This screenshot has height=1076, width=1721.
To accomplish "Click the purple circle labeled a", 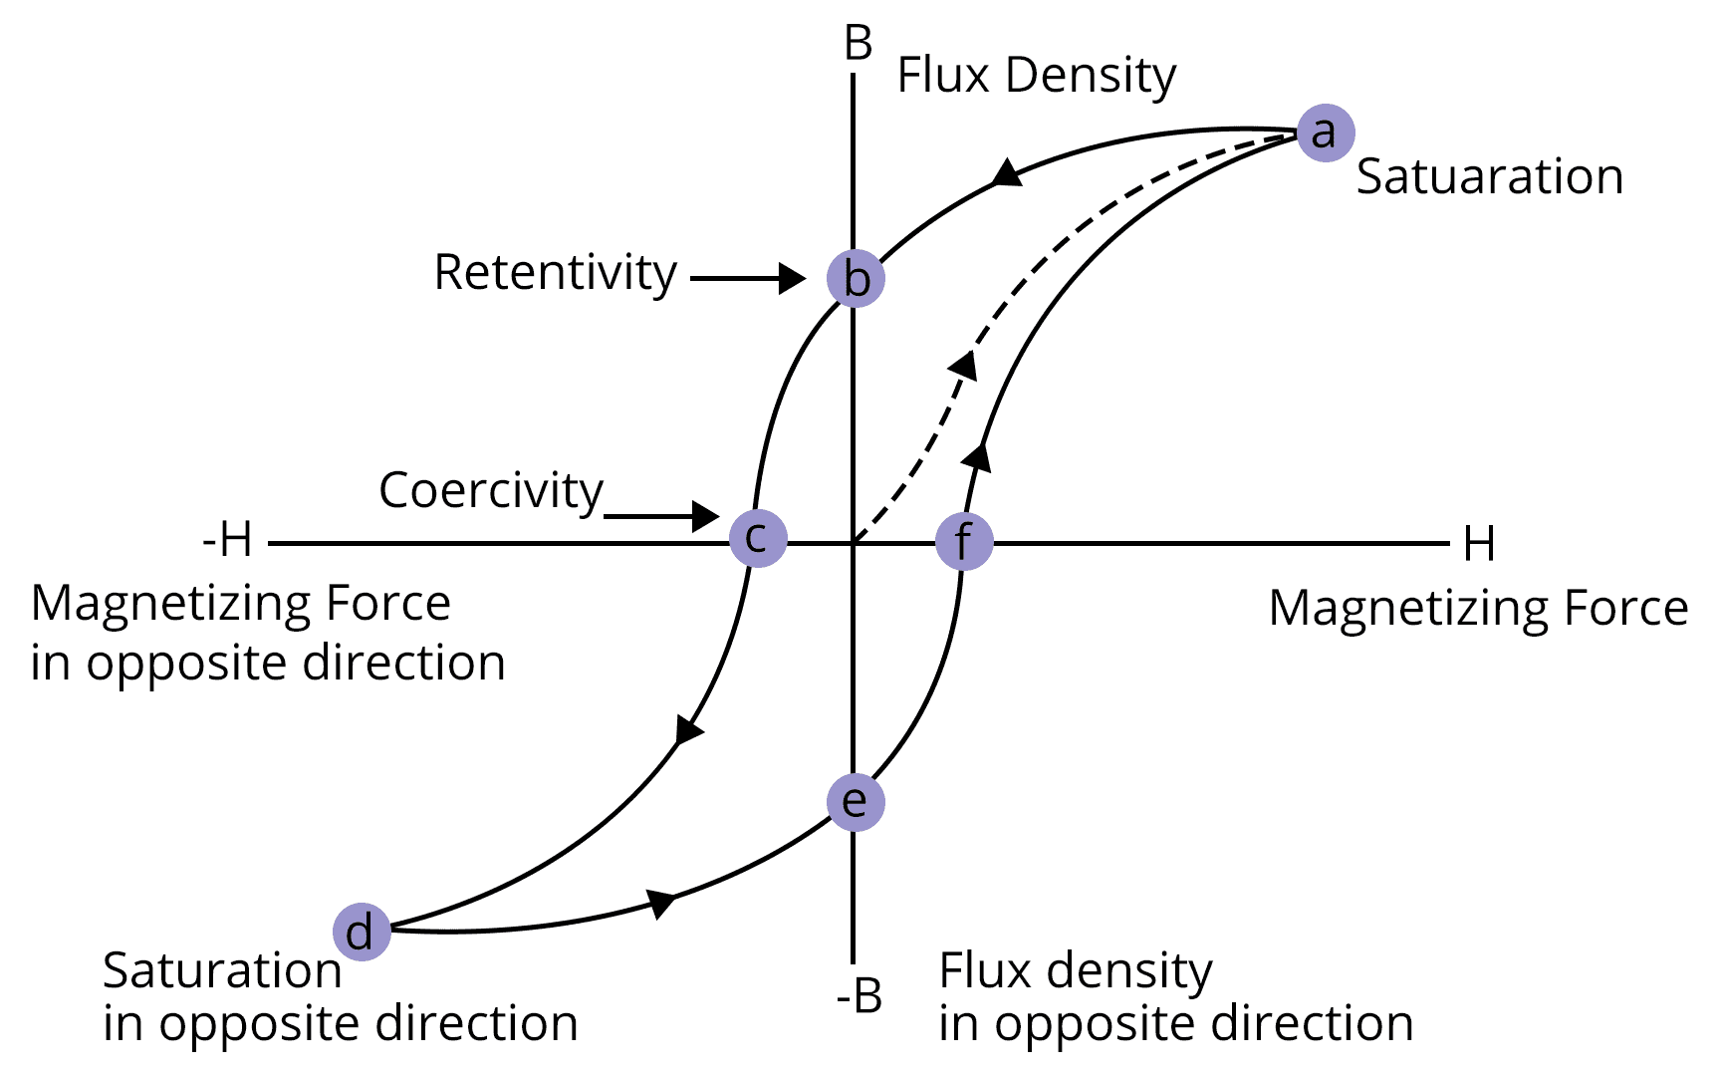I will click(1326, 133).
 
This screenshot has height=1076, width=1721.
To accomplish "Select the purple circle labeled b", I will click(856, 278).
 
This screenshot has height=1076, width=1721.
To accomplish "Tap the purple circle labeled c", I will click(758, 538).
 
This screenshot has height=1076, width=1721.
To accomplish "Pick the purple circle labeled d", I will click(362, 933).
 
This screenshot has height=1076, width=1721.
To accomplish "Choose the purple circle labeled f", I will click(964, 542).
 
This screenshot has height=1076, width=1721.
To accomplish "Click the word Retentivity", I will click(556, 273).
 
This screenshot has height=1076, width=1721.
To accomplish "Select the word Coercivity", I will click(491, 490).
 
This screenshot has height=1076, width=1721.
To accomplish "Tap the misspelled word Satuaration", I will click(1489, 177).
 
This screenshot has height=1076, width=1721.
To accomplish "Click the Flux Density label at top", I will click(1037, 76).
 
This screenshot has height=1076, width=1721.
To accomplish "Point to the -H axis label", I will click(228, 541).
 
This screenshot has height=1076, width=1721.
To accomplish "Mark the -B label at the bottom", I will click(859, 995).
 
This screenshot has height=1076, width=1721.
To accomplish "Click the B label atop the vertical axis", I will click(858, 44).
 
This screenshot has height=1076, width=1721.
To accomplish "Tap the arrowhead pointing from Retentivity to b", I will click(793, 278).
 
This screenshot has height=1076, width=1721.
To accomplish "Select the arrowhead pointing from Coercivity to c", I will click(706, 515).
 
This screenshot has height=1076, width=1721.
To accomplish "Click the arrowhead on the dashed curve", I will click(964, 365).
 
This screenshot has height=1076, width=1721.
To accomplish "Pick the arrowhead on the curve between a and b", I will click(1007, 173).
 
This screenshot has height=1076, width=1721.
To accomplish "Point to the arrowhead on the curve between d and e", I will click(661, 903).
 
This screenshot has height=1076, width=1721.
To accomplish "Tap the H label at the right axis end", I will click(1479, 544).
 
